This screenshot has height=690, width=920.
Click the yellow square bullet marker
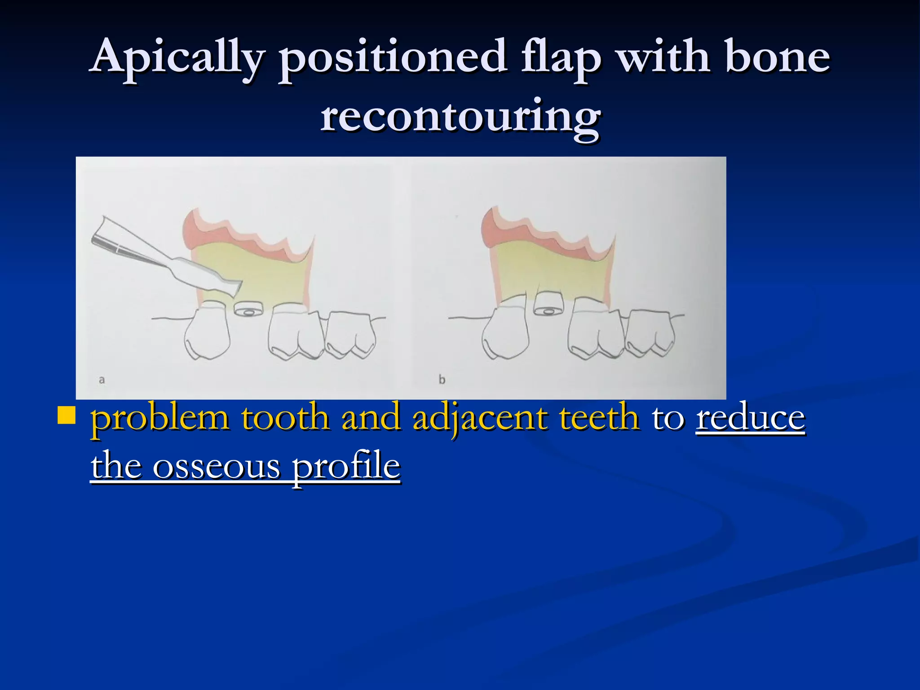67,416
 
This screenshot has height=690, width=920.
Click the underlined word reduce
750,418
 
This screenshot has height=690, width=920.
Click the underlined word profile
346,467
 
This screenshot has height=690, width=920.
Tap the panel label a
102,380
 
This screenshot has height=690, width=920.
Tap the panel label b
442,380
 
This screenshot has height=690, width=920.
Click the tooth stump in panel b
547,304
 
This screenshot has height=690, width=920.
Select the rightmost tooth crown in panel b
650,335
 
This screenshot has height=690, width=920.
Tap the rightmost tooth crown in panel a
350,335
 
